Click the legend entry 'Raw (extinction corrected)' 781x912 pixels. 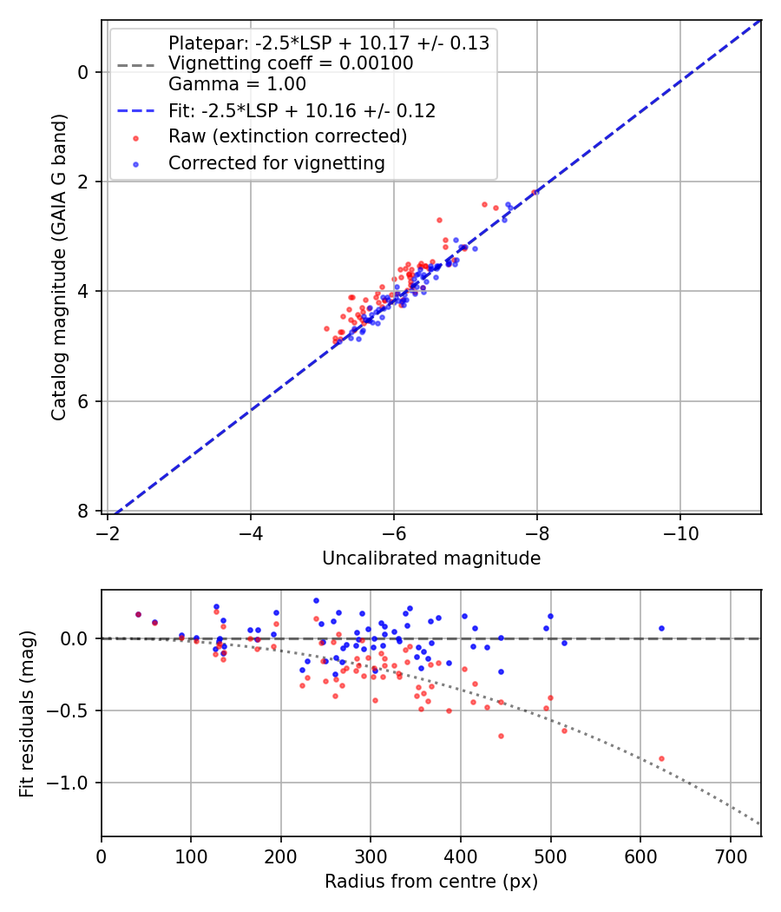[287, 136]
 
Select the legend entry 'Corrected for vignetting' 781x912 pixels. [276, 162]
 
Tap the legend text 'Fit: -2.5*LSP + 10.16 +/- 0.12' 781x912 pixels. [302, 110]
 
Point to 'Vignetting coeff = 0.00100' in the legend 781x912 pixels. [291, 63]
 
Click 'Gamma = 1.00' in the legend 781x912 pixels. [237, 84]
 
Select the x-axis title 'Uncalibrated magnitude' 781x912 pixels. [431, 558]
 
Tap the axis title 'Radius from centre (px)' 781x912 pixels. [431, 882]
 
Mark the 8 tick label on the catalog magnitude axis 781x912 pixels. [84, 511]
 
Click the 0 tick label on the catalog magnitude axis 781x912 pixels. [84, 72]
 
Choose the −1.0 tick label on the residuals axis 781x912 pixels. [71, 783]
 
